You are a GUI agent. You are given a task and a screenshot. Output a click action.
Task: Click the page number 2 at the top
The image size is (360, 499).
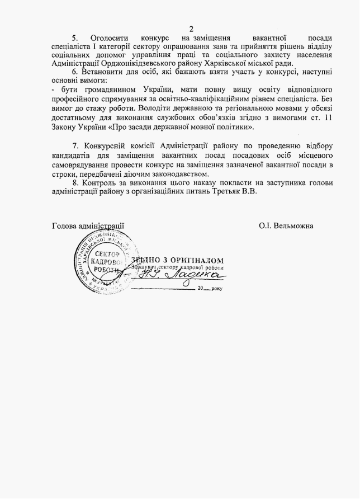tap(191, 29)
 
